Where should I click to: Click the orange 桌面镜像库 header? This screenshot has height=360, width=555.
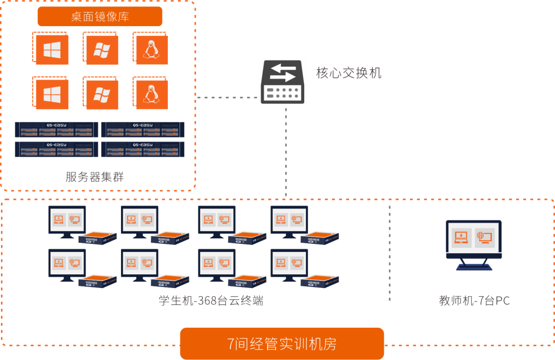tap(100, 16)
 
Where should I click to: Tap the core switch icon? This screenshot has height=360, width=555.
tap(282, 82)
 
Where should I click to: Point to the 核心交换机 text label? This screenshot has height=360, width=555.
tap(349, 73)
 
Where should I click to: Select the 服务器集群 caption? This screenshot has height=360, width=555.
tap(95, 177)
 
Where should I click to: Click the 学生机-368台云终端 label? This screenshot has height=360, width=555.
tap(210, 301)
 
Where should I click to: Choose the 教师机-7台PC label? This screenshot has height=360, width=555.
tap(474, 301)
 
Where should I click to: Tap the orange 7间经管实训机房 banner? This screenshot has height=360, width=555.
tap(282, 344)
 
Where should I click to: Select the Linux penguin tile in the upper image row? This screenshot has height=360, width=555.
tap(151, 49)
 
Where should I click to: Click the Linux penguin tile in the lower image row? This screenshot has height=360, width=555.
tap(151, 94)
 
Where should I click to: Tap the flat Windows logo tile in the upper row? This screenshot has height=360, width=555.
tap(51, 50)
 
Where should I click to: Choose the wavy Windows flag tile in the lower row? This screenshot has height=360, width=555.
tap(101, 94)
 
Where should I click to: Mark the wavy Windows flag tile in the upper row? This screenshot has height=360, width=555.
tap(101, 50)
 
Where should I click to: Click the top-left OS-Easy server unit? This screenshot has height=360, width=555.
tap(57, 129)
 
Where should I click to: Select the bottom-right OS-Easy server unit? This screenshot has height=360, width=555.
tap(143, 149)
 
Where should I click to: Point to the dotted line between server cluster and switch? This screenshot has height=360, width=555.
tap(226, 98)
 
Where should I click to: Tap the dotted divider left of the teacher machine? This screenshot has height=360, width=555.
tap(390, 254)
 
